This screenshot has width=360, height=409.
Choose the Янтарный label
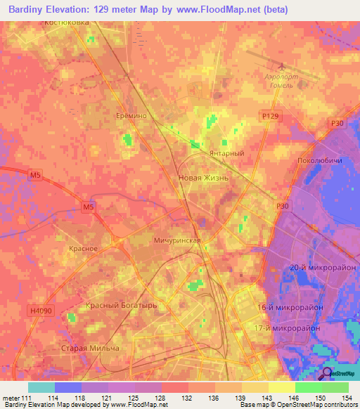pyautogui.click(x=226, y=154)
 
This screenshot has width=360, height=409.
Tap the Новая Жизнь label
pyautogui.click(x=204, y=178)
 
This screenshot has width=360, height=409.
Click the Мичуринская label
pyautogui.click(x=177, y=240)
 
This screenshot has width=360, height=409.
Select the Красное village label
pyautogui.click(x=83, y=249)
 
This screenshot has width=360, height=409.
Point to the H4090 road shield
pyautogui.click(x=41, y=309)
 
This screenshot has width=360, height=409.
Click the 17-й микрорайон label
pyautogui.click(x=297, y=328)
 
